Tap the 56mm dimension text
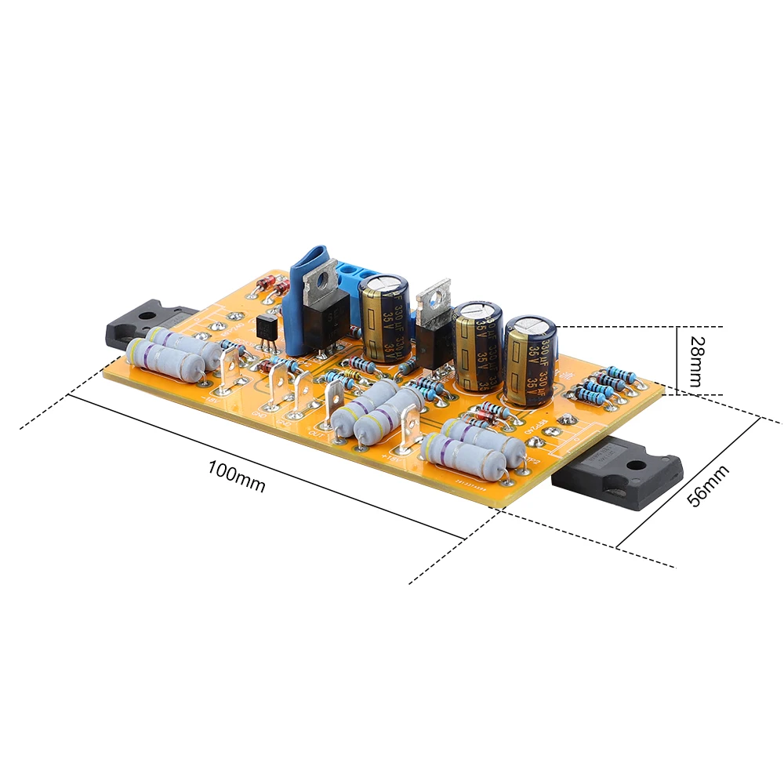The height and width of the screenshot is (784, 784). [x=706, y=485]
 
